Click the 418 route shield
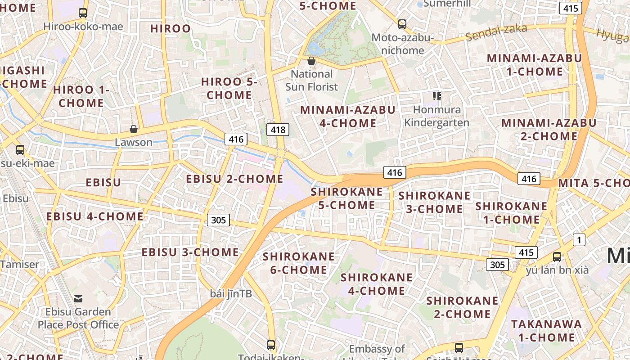point(278,130)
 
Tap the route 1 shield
point(579,240)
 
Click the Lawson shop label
point(134,142)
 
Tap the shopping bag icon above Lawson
point(134,130)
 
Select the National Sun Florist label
point(311,80)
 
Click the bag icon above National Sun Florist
point(311,61)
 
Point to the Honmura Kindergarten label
point(436,116)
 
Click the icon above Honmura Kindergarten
point(436,96)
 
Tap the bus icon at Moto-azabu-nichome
point(402,24)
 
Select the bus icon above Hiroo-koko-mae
point(83,13)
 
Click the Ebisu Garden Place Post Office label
point(78,318)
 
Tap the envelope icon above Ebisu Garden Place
point(78,298)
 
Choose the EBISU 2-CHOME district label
point(234,179)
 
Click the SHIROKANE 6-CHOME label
point(299,263)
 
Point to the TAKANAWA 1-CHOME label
point(546,331)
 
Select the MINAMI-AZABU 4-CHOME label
point(348,117)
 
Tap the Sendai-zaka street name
point(496,33)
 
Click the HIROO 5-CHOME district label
point(229,89)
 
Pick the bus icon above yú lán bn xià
point(557,257)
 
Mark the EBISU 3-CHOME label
point(190,252)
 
